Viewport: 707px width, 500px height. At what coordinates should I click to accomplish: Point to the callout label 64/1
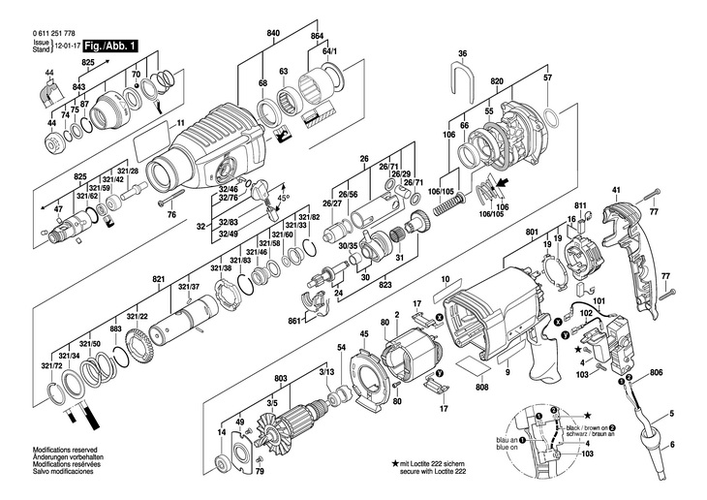329,49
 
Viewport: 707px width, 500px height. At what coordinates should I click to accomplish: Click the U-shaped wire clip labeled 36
463,76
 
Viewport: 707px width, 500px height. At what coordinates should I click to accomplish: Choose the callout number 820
497,82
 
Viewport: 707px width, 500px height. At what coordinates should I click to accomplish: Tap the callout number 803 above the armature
281,378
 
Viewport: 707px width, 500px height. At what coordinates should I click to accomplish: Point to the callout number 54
341,347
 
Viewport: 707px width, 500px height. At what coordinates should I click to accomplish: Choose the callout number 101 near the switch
599,303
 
